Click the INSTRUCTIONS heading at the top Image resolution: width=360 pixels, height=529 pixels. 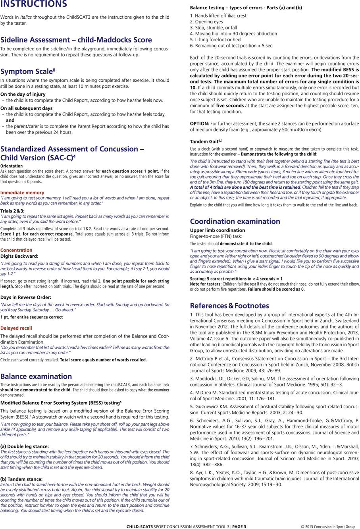[x=34, y=4]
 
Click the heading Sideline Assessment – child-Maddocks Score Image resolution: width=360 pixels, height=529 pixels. [x=76, y=40]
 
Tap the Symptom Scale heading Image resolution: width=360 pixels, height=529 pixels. [x=28, y=71]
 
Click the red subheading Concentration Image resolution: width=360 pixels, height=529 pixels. [x=16, y=250]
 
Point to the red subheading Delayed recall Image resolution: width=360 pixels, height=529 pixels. [x=16, y=328]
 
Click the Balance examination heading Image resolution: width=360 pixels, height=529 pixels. [x=36, y=376]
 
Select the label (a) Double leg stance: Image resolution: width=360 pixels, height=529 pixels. [x=25, y=446]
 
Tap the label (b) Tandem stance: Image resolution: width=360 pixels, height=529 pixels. [x=21, y=479]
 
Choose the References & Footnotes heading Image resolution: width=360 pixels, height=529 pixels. [x=229, y=305]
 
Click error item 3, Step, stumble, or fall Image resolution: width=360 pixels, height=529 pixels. [x=213, y=28]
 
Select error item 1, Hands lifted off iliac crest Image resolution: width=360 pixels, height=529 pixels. [x=218, y=15]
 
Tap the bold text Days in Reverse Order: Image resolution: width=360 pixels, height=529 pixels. [x=26, y=297]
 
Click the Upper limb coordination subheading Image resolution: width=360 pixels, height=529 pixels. [x=218, y=230]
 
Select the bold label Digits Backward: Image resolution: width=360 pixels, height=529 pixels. [x=19, y=256]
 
